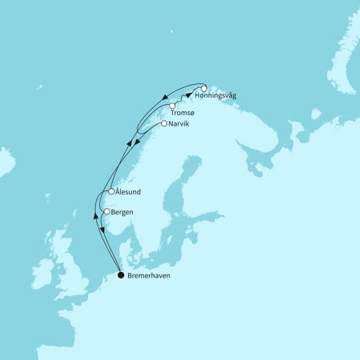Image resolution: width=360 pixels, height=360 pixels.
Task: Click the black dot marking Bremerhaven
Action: point(121,275)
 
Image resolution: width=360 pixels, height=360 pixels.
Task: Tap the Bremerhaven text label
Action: point(149,276)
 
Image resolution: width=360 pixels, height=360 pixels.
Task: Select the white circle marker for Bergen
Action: point(106,212)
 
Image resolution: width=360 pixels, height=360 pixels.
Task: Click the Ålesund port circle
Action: point(111,192)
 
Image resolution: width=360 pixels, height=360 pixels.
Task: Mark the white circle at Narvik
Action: point(164,124)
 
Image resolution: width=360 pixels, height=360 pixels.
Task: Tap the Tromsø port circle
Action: point(172,105)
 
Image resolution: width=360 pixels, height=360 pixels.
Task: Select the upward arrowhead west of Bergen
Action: point(94,217)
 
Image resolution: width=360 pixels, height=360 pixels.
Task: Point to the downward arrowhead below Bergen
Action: point(102,231)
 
